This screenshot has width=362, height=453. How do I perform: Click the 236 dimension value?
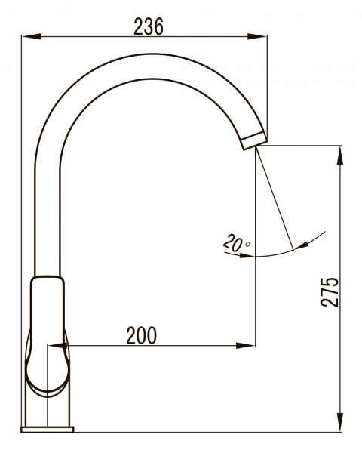(149, 26)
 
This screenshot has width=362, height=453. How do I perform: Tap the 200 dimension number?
(142, 335)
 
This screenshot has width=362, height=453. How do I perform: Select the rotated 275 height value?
(329, 291)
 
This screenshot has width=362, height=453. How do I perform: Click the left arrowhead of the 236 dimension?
(31, 37)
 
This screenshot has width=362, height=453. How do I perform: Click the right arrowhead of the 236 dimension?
(257, 37)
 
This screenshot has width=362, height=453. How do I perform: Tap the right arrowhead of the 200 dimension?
(245, 345)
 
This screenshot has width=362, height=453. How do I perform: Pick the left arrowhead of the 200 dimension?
(58, 345)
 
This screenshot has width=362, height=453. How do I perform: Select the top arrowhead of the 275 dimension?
(341, 156)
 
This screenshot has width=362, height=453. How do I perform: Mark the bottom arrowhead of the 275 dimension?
(341, 422)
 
